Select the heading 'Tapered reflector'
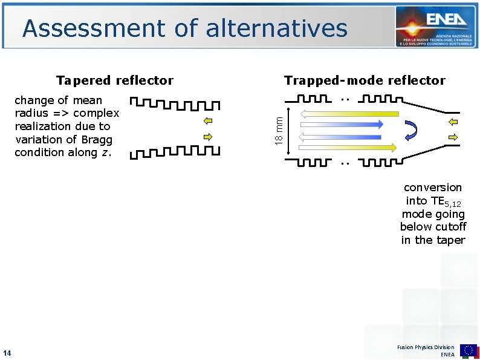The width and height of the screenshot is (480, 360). coord(115,80)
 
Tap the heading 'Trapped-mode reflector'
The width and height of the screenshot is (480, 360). coord(365,80)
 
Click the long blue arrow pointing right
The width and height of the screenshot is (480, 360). coord(342,125)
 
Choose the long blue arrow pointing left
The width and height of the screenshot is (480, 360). coord(342,136)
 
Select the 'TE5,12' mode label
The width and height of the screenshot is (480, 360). coord(446,201)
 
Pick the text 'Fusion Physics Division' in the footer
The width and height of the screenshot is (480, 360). coord(426,347)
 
